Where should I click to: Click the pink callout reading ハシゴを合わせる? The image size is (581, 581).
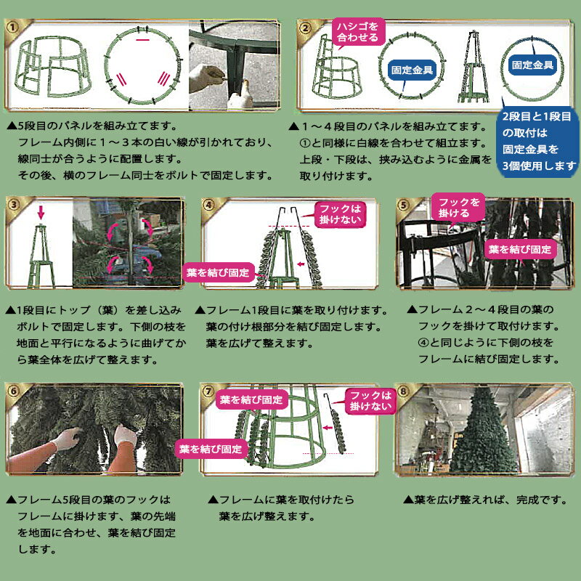[x=356, y=31]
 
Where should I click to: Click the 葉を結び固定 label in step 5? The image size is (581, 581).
[x=519, y=249]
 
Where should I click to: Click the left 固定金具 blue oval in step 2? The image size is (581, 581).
[x=413, y=70]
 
